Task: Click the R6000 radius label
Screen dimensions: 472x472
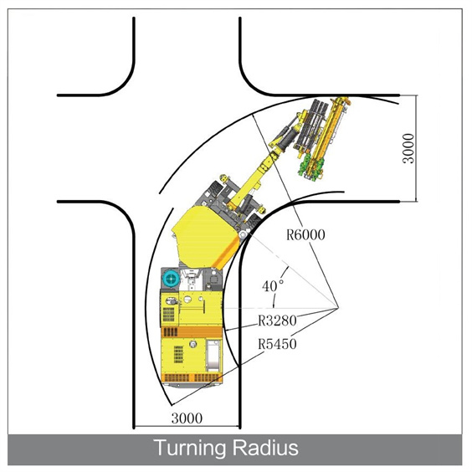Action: click(x=305, y=235)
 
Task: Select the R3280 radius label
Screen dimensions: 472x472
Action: click(x=277, y=321)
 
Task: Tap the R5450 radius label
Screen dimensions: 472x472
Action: click(x=277, y=344)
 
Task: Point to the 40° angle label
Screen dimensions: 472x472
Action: click(x=273, y=286)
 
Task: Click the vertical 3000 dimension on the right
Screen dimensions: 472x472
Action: click(x=408, y=148)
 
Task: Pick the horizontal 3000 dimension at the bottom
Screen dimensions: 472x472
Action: click(x=187, y=418)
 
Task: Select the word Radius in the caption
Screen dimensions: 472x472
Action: click(x=265, y=448)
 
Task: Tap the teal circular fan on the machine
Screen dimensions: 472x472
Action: click(x=171, y=279)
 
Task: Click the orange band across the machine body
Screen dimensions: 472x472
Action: click(x=192, y=331)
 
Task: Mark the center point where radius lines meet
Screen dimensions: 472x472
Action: click(x=339, y=308)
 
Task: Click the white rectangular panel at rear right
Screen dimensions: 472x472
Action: click(x=213, y=354)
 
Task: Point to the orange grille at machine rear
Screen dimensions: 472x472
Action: click(x=192, y=377)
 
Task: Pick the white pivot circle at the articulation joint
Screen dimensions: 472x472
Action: click(x=244, y=233)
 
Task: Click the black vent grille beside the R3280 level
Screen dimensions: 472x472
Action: click(x=168, y=314)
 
